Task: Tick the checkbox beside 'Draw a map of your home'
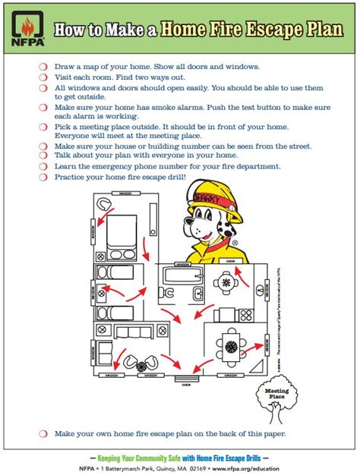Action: [43, 67]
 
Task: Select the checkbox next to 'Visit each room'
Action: [43, 77]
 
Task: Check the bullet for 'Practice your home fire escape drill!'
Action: [43, 176]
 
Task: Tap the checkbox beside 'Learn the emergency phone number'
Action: [43, 165]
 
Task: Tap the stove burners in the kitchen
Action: [246, 314]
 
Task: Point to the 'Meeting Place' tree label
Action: [276, 392]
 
